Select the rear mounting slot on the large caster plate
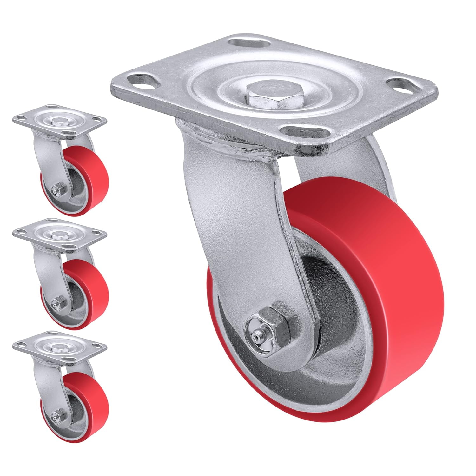tap(245, 43)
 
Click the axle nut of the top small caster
tap(59, 191)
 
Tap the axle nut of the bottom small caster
tap(59, 414)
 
